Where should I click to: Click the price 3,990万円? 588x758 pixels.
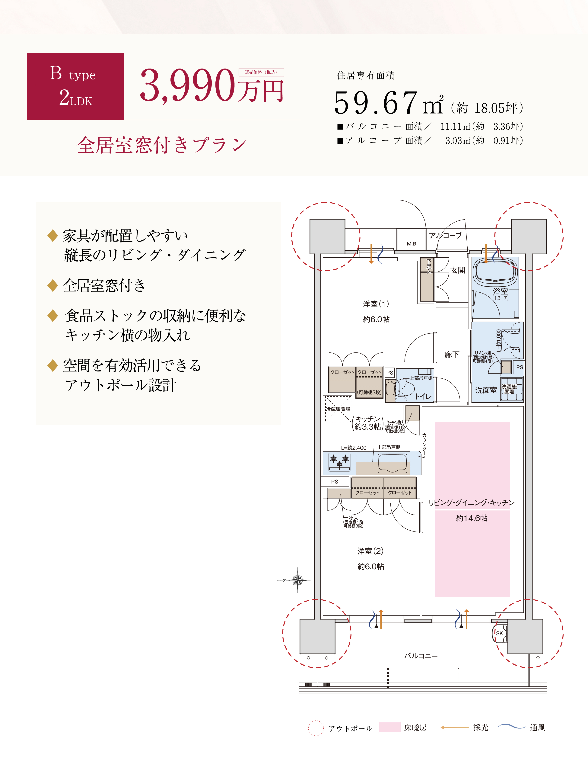click(x=212, y=85)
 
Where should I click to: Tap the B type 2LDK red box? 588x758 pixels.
click(x=75, y=86)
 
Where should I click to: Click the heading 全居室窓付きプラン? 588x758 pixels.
click(x=162, y=145)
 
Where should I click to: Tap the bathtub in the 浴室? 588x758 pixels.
click(x=496, y=272)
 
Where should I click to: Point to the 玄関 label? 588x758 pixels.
click(x=458, y=270)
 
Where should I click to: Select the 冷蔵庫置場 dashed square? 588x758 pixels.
click(x=338, y=409)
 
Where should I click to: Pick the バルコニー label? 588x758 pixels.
click(x=421, y=656)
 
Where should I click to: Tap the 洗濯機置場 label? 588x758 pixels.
click(x=509, y=389)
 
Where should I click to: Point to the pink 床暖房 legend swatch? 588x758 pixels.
click(x=389, y=727)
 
